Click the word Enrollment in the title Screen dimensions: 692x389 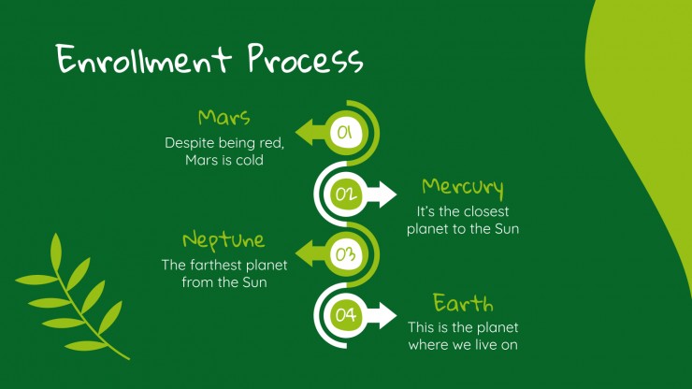pos(143,59)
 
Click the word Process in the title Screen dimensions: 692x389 pos(306,58)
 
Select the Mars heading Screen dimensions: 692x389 pos(224,118)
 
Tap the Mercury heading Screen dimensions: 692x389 pos(463,187)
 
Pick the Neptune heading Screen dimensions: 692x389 pos(223,240)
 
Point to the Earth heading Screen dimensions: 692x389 pos(463,303)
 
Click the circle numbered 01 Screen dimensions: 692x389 pos(346,133)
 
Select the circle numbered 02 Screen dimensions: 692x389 pos(346,194)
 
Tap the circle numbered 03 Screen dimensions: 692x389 pos(346,254)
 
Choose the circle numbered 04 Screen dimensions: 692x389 pos(346,315)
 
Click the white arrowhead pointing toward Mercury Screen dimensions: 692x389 pos(385,194)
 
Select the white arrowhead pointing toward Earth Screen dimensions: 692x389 pos(385,316)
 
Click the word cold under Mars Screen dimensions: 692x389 pos(250,160)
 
